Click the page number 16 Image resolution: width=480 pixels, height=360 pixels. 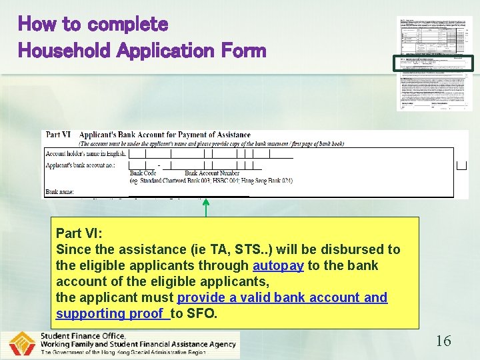443,341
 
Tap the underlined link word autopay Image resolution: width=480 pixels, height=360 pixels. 278,265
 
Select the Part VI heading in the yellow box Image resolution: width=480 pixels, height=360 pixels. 79,233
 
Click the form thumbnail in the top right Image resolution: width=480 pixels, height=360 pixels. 434,63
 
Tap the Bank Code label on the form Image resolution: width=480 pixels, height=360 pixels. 143,173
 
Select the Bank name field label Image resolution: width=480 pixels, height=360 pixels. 60,192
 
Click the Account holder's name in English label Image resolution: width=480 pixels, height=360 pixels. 85,153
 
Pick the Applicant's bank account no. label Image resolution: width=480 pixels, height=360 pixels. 80,164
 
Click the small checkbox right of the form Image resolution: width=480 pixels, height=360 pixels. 461,165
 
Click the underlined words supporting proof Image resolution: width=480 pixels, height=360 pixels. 111,313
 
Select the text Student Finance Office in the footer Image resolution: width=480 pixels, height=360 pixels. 79,336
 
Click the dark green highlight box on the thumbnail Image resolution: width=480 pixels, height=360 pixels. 434,64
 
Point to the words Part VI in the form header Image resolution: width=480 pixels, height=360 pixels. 59,135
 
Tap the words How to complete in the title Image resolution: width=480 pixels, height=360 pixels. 93,25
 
